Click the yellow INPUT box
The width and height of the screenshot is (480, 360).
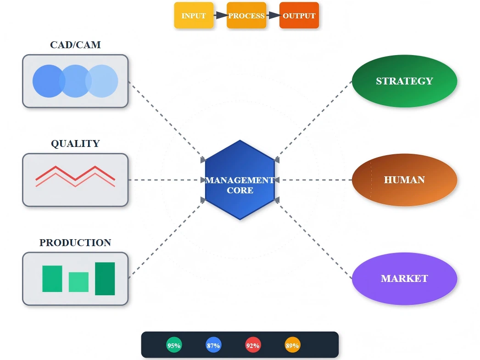pyautogui.click(x=194, y=16)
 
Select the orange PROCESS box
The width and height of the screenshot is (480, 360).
pyautogui.click(x=246, y=16)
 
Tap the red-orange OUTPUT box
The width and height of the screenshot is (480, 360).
pyautogui.click(x=299, y=16)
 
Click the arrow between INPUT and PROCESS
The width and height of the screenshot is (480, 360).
pyautogui.click(x=221, y=16)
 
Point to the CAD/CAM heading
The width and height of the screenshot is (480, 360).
pyautogui.click(x=75, y=45)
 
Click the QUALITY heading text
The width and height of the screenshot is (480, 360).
pyautogui.click(x=75, y=144)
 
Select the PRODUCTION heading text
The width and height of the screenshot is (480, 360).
pyautogui.click(x=75, y=243)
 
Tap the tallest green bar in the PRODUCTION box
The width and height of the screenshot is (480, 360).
pyautogui.click(x=105, y=279)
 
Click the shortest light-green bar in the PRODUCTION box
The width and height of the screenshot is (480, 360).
pyautogui.click(x=78, y=282)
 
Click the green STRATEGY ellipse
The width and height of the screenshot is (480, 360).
pyautogui.click(x=404, y=81)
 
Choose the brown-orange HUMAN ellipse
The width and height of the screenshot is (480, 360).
pyautogui.click(x=404, y=180)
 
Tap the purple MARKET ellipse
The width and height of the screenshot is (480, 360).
pyautogui.click(x=404, y=279)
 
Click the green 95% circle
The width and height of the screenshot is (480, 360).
pyautogui.click(x=174, y=345)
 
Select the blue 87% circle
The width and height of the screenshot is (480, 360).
pyautogui.click(x=213, y=345)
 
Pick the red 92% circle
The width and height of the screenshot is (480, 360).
pyautogui.click(x=253, y=345)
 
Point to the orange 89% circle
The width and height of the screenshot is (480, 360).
pyautogui.click(x=292, y=345)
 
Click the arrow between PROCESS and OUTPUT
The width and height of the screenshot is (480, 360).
pyautogui.click(x=273, y=16)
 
